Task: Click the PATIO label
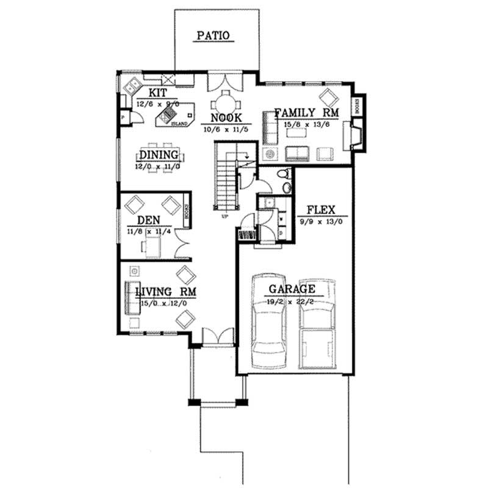[213, 35]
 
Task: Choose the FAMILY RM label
[306, 112]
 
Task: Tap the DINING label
[159, 155]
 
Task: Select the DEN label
[148, 220]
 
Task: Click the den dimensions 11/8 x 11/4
[149, 231]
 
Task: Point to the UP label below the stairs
[225, 216]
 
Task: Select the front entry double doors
[218, 336]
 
